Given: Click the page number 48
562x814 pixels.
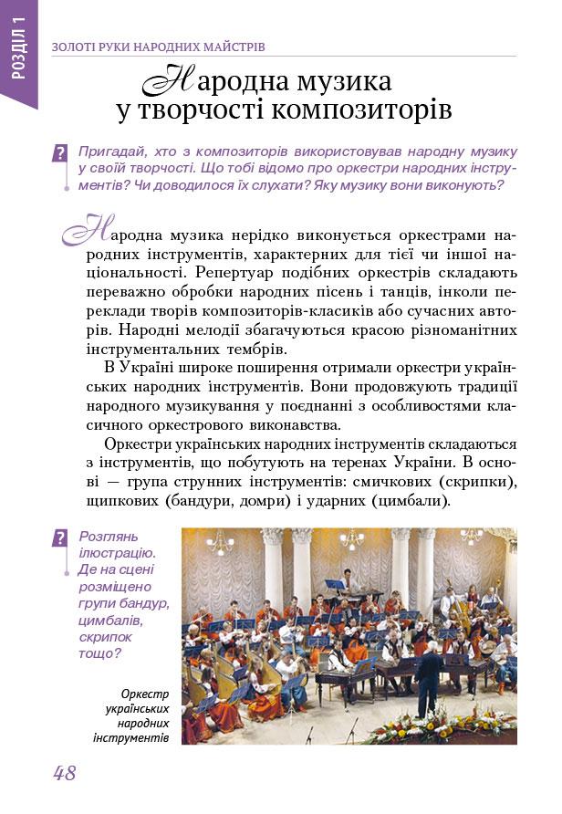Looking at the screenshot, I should pyautogui.click(x=64, y=773).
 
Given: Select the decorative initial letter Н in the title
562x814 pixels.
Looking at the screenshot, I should pyautogui.click(x=171, y=81).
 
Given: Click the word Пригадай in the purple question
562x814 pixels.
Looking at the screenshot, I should pyautogui.click(x=110, y=151).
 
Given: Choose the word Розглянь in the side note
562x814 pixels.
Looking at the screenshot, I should pyautogui.click(x=109, y=537).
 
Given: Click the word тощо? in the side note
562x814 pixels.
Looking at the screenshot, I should pyautogui.click(x=99, y=652).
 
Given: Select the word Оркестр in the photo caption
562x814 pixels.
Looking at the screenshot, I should pyautogui.click(x=145, y=694).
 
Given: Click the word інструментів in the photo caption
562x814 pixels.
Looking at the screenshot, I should pyautogui.click(x=131, y=736).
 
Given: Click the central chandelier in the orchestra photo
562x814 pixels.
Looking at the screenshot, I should pyautogui.click(x=351, y=538).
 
